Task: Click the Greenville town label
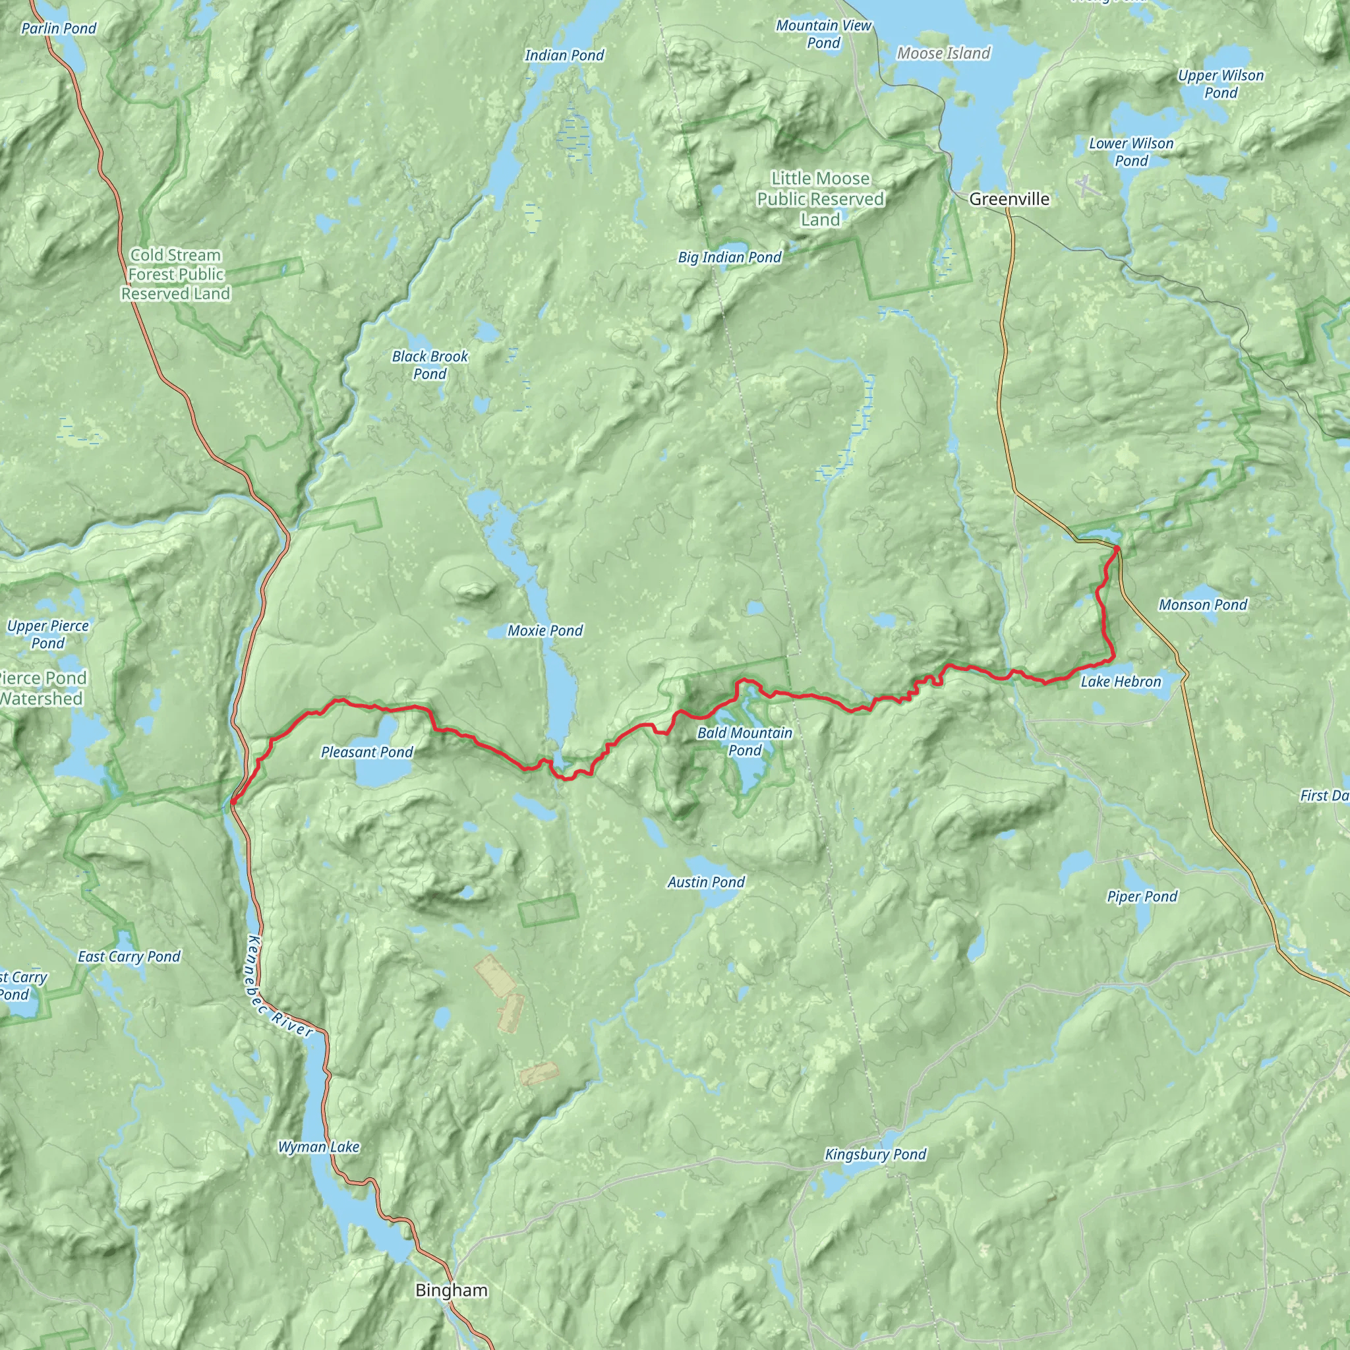[1009, 199]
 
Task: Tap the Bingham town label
[452, 1290]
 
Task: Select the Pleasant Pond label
[367, 752]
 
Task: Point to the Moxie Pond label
[545, 630]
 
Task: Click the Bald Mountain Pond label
[745, 742]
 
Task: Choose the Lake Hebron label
[1121, 682]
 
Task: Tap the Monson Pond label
[1202, 604]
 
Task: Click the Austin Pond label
[706, 882]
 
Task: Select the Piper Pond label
[1142, 896]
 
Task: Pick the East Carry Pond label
[129, 956]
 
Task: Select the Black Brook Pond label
[430, 365]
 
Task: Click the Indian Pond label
[565, 55]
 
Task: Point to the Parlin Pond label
[59, 28]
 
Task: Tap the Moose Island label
[943, 53]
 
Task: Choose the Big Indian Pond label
[730, 257]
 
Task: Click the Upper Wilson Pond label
[1221, 84]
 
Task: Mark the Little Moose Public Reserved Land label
[820, 199]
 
